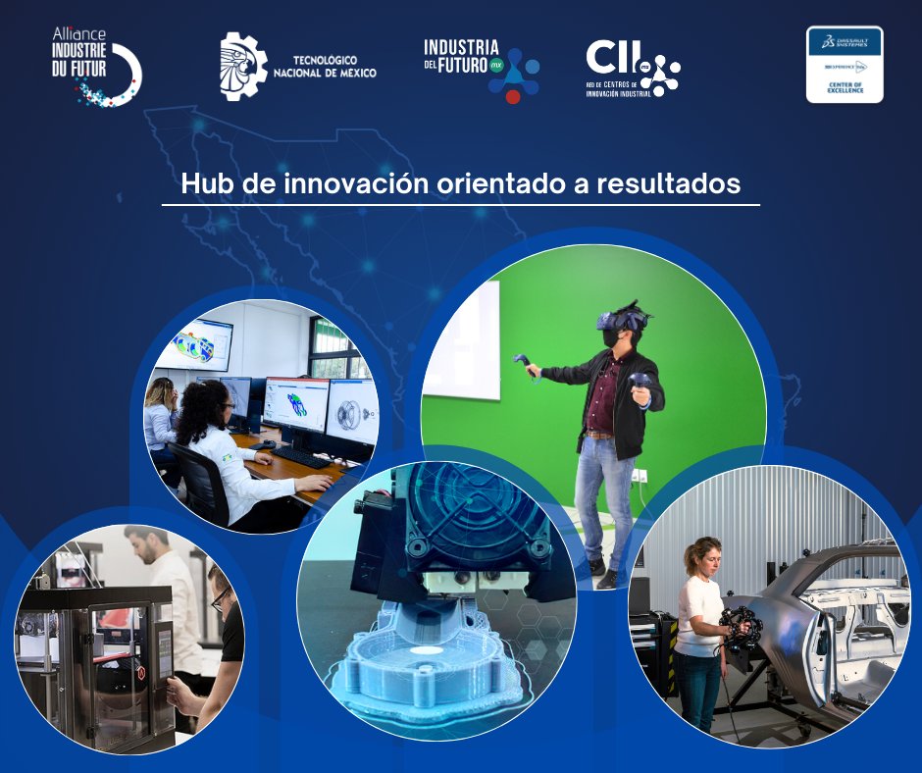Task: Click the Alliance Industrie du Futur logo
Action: pyautogui.click(x=96, y=67)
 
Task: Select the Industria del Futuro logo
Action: pyautogui.click(x=482, y=69)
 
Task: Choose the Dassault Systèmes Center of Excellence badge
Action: pyautogui.click(x=844, y=65)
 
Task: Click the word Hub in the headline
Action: pyautogui.click(x=204, y=183)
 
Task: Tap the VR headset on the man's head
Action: pyautogui.click(x=624, y=319)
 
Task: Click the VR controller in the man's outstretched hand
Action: pyautogui.click(x=521, y=364)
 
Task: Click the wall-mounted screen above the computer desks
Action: pyautogui.click(x=197, y=345)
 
